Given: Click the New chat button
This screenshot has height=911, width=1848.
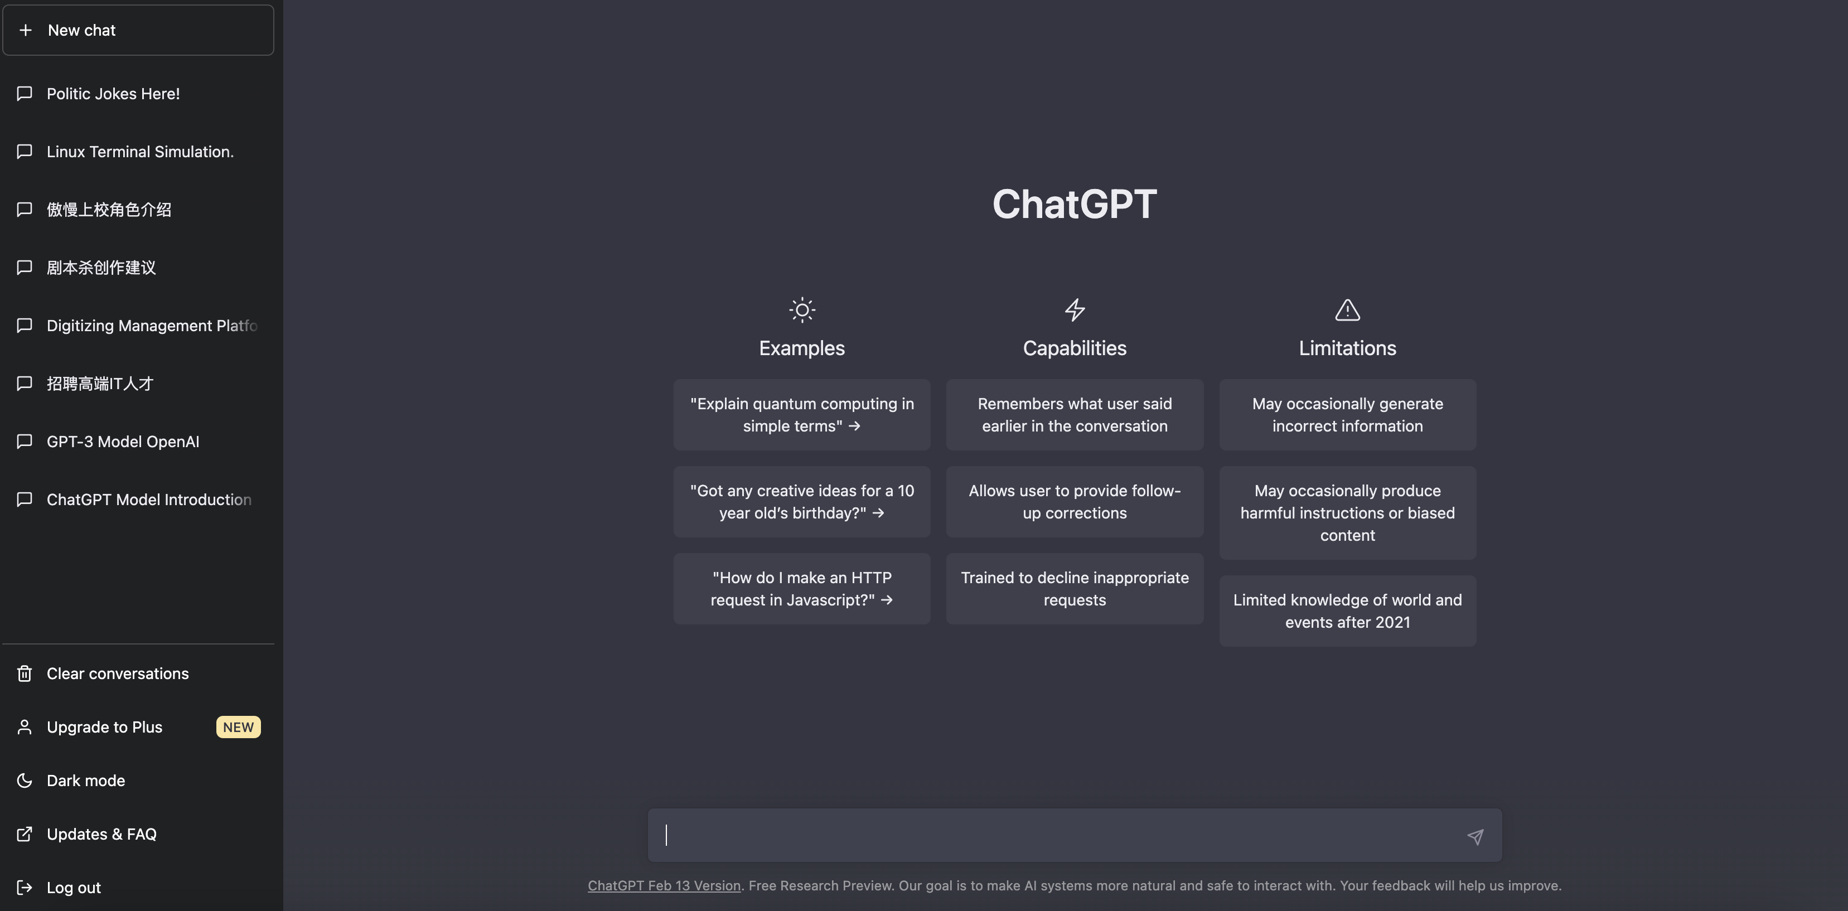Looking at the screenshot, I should (138, 30).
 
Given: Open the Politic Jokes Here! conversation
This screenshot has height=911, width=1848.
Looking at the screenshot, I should (113, 94).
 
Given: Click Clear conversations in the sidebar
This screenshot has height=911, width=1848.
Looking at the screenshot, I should (118, 673).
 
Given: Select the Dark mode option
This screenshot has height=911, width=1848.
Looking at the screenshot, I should (85, 781).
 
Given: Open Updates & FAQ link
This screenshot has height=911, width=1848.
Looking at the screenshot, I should (101, 834).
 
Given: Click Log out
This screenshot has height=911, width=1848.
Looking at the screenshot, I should (73, 888).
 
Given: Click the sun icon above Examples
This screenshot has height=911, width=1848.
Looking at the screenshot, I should (802, 311).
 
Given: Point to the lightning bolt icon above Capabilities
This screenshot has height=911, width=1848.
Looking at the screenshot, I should (1075, 311).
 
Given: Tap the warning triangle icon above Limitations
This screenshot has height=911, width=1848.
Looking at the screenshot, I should (1347, 311).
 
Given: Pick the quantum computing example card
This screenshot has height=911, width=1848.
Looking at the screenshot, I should (802, 415).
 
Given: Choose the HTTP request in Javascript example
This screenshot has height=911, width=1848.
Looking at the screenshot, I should (802, 589).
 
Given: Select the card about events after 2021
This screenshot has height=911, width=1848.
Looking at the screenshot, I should (1347, 611).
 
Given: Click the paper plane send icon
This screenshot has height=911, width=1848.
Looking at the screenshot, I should (1475, 836).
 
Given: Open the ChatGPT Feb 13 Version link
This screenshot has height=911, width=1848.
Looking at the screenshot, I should (664, 886).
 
